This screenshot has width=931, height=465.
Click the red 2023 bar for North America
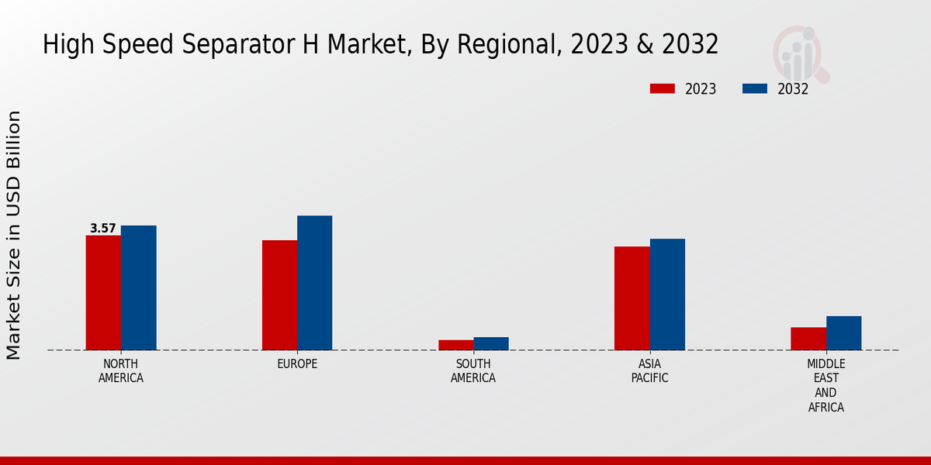103,292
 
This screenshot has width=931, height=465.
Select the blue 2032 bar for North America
139,288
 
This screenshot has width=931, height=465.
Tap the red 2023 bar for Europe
279,294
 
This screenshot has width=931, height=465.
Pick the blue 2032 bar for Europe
315,283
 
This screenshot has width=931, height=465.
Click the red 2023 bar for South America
455,345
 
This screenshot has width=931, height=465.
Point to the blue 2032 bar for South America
491,343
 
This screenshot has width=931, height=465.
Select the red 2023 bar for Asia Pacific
632,298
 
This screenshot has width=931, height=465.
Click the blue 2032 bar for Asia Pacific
667,294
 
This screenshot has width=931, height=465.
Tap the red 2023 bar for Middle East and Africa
808,339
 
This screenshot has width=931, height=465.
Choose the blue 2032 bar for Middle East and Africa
844,332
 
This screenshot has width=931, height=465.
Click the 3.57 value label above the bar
103,229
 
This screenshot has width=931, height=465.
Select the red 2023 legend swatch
663,89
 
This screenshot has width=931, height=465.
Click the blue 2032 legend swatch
755,89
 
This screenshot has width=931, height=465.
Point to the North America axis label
121,371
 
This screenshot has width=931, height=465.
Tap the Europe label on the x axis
297,364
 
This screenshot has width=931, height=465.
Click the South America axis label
473,371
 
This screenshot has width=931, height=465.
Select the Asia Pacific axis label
649,371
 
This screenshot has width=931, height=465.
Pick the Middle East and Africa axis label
826,385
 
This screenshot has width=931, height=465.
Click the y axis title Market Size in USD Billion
14,235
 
